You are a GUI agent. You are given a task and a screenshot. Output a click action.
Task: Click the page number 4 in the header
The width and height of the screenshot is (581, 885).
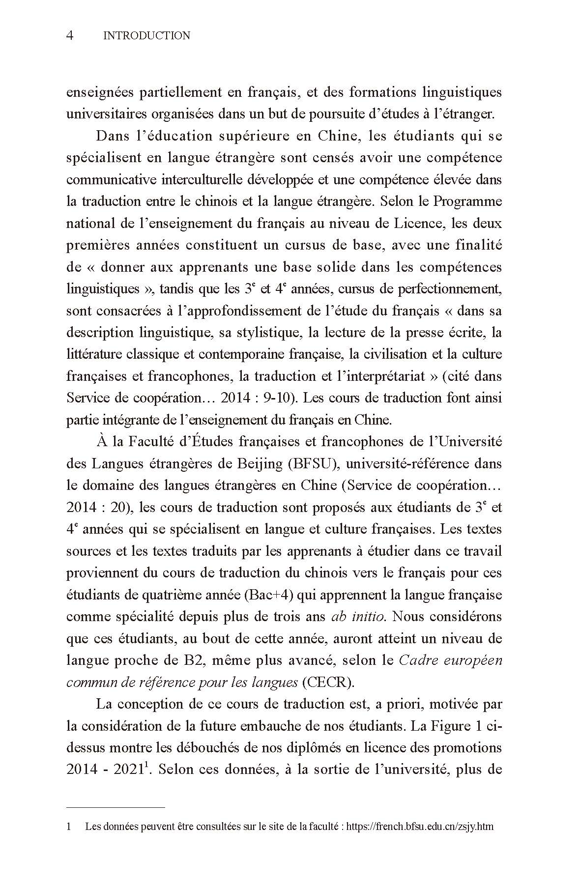[70, 35]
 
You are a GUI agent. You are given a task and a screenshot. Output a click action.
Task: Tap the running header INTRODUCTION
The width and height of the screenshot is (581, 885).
[147, 35]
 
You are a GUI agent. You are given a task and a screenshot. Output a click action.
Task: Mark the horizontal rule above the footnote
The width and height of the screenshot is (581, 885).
[116, 807]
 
